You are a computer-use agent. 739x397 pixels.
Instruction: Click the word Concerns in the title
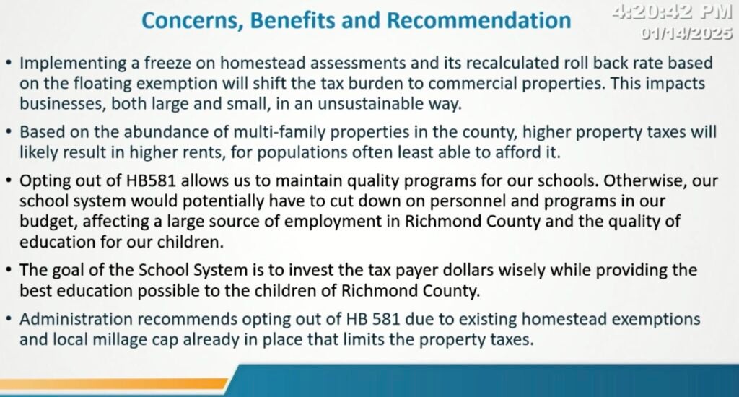coord(192,21)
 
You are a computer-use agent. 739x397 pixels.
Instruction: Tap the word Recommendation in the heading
coord(479,20)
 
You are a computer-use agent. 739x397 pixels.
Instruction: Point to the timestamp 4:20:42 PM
coord(673,12)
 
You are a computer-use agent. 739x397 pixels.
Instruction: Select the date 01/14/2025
coord(687,33)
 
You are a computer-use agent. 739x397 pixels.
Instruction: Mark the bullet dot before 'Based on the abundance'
coord(9,131)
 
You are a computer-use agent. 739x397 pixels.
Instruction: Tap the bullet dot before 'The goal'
coord(9,270)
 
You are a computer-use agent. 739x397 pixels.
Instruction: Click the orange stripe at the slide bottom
coord(113,383)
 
